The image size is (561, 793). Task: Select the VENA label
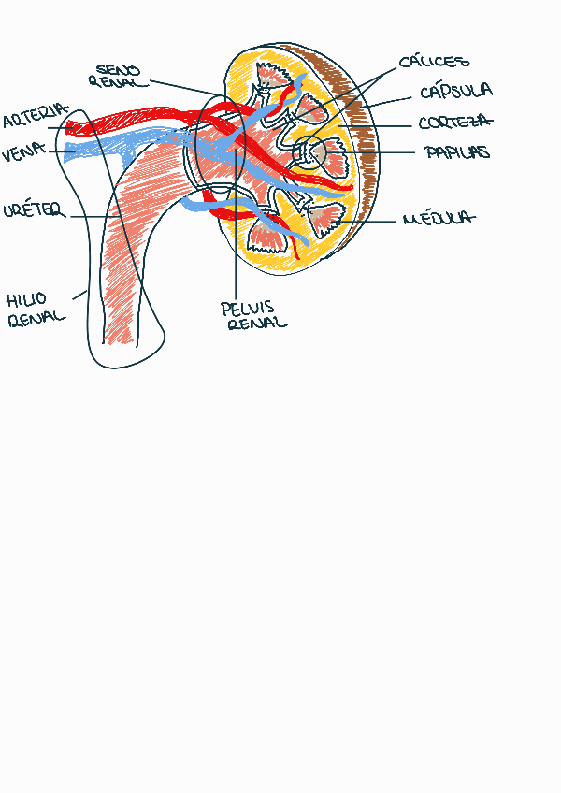tap(23, 153)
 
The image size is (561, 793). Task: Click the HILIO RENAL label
tap(36, 309)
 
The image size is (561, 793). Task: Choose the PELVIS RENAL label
tap(253, 315)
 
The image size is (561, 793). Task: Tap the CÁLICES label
tap(433, 63)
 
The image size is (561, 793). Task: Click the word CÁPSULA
tap(455, 92)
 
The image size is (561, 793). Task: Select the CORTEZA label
tap(455, 123)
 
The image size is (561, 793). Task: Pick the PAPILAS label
tap(456, 152)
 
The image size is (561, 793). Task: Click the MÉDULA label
tap(438, 220)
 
